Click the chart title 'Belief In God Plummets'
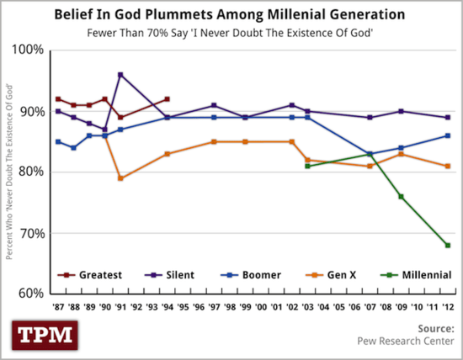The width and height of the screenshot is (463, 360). tap(231, 14)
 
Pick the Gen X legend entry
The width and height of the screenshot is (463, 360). tap(343, 274)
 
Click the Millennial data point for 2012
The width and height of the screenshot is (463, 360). tap(448, 246)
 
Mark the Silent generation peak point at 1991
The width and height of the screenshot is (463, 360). tap(121, 75)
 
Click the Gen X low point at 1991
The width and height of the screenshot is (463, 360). tap(121, 178)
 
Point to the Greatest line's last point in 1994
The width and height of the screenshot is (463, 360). tap(168, 99)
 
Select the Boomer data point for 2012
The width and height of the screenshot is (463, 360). tap(448, 135)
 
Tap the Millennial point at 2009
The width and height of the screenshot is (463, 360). tap(402, 197)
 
